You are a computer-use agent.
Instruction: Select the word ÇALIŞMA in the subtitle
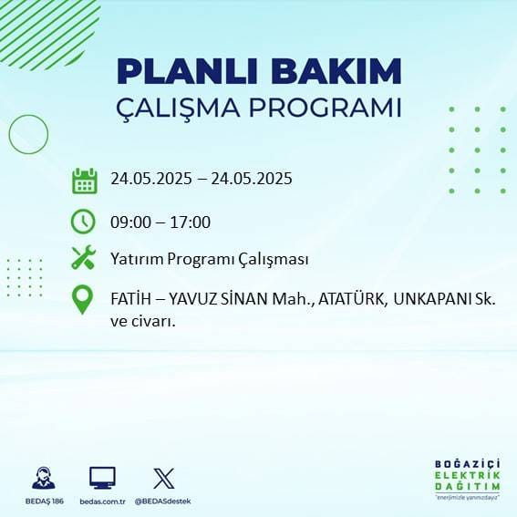183,108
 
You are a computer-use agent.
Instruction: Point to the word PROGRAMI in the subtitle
330,108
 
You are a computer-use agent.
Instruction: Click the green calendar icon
84,181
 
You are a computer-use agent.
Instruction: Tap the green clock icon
83,221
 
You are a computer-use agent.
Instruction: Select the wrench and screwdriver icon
84,259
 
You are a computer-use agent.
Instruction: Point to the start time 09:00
129,222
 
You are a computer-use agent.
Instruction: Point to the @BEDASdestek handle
163,501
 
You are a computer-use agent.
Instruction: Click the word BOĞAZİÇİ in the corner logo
468,463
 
